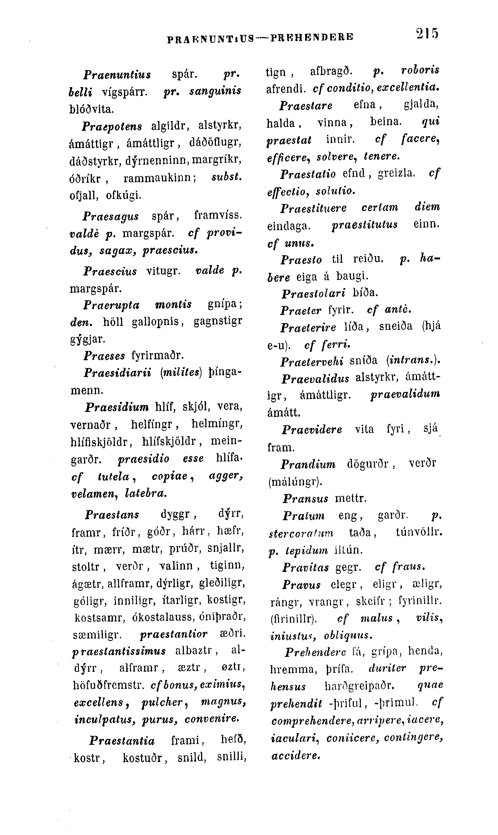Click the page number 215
[x=427, y=34]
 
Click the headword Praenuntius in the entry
[x=117, y=74]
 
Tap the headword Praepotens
[x=112, y=127]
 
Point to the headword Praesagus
[x=111, y=217]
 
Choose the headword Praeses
[x=104, y=355]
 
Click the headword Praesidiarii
[x=117, y=372]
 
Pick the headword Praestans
[x=112, y=515]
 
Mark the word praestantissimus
[x=119, y=651]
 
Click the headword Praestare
[x=306, y=106]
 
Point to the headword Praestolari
[x=314, y=293]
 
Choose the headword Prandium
[x=308, y=464]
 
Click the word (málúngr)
[x=295, y=482]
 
